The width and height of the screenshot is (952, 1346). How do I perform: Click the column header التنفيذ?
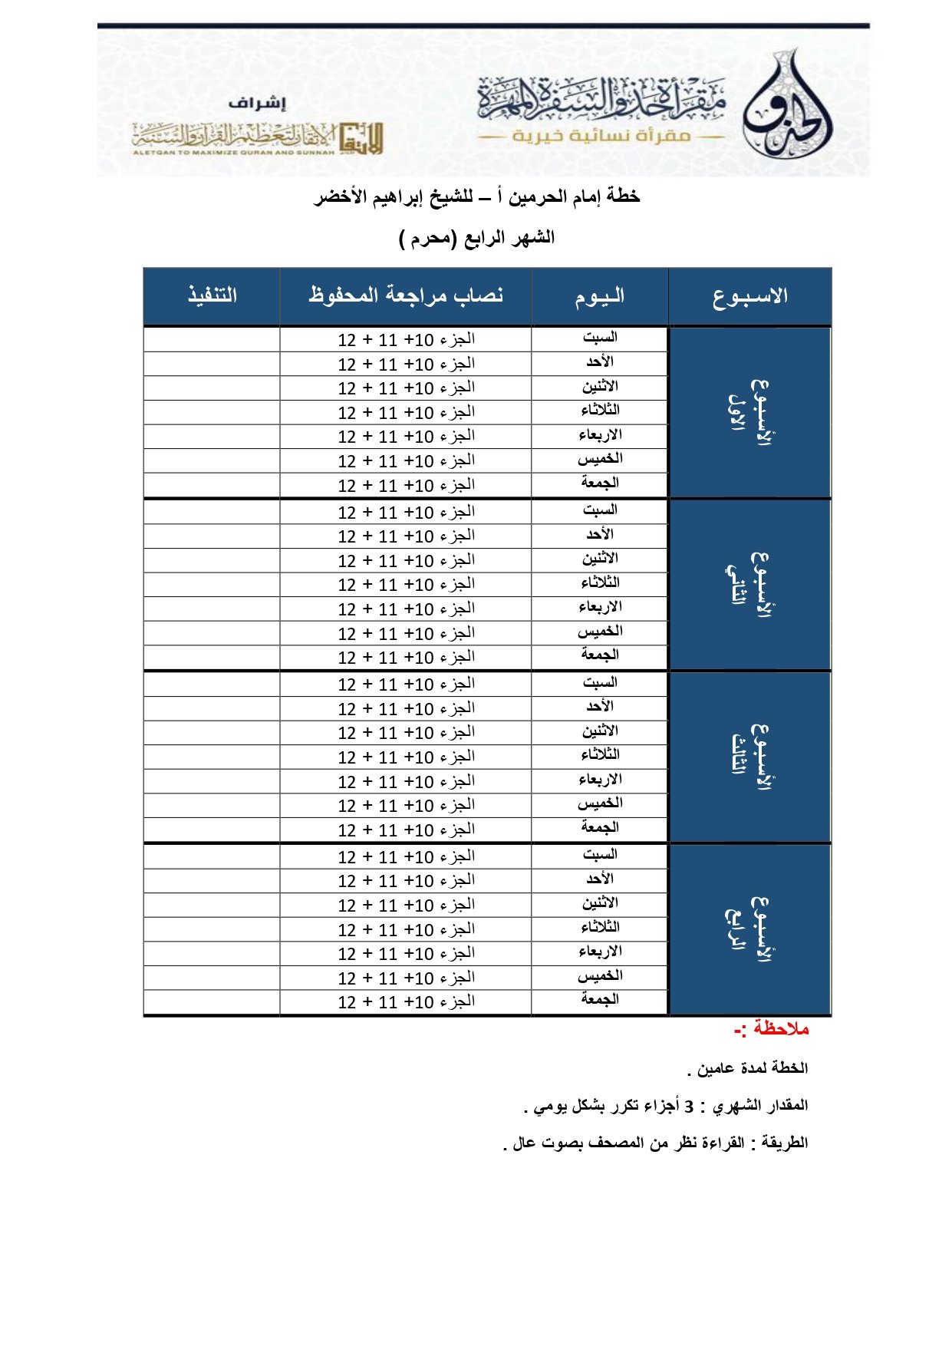[x=212, y=295]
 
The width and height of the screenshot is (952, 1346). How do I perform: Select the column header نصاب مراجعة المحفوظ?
[x=406, y=295]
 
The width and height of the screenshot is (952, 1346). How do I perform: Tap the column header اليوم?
[x=600, y=296]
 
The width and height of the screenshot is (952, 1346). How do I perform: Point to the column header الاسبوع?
[x=749, y=296]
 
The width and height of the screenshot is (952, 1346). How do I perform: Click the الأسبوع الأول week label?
[x=749, y=413]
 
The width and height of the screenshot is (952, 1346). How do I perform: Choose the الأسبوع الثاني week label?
[x=749, y=585]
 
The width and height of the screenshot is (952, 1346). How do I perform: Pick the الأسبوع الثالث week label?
[x=749, y=757]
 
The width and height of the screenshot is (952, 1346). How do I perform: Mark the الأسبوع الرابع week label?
[x=749, y=929]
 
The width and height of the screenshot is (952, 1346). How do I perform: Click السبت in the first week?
[x=600, y=338]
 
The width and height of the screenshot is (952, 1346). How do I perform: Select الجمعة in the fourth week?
[x=600, y=999]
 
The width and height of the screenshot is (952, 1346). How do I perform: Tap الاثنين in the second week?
[x=600, y=559]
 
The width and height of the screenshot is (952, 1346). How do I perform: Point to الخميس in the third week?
[x=600, y=803]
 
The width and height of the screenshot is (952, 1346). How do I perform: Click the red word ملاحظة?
[x=780, y=1029]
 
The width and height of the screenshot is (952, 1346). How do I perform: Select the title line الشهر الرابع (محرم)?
[x=476, y=238]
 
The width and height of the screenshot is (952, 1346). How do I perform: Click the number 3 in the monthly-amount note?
[x=689, y=1107]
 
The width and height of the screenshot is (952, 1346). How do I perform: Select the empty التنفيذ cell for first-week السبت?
[x=212, y=339]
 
